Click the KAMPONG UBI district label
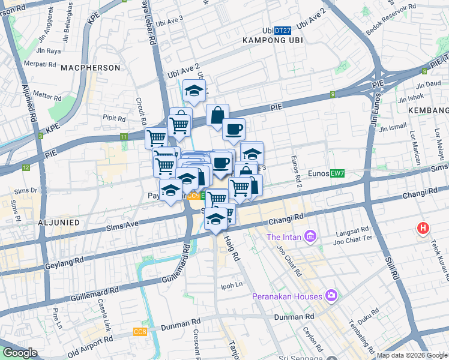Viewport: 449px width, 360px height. coord(272,40)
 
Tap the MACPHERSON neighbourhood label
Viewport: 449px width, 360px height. coord(91,68)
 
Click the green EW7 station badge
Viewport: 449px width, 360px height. coord(337,173)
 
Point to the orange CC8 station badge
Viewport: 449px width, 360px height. coord(140,331)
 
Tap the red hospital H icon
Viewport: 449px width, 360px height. coord(423,229)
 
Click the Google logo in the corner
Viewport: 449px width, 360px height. coord(20,353)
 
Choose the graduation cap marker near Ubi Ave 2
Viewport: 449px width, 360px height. coord(194,91)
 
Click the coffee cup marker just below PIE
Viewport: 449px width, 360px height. coord(234,128)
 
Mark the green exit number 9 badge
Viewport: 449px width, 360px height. coord(331,94)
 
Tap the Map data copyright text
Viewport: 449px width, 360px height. coord(412,355)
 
